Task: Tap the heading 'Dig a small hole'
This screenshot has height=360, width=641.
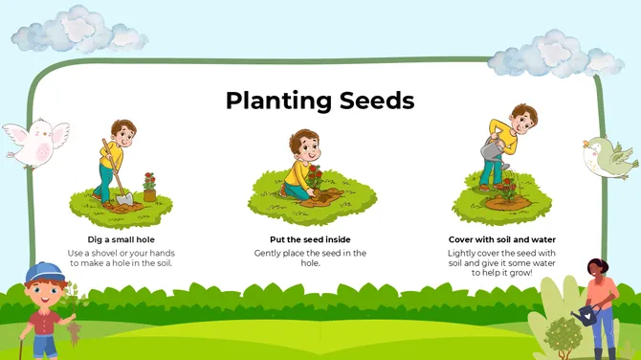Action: tap(121, 239)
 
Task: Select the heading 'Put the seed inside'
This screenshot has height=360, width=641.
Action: tap(310, 239)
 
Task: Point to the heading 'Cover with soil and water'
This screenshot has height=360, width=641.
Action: tap(502, 239)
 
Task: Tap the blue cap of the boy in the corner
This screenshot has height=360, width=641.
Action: tap(41, 275)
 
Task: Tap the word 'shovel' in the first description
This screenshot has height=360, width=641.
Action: tap(106, 253)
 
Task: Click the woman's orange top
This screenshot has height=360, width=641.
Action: tap(602, 291)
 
